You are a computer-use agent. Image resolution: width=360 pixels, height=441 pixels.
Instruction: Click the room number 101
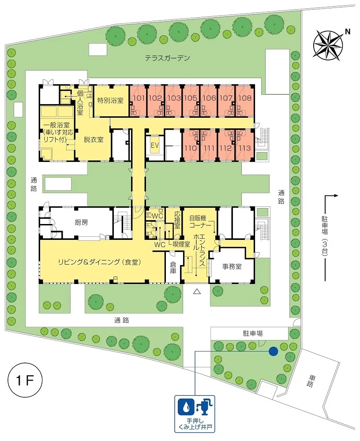(139, 98)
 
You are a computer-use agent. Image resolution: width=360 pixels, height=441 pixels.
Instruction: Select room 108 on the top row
(244, 98)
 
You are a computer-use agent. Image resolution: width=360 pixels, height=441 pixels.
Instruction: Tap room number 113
(244, 148)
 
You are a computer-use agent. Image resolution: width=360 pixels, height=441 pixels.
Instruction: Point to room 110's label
(191, 148)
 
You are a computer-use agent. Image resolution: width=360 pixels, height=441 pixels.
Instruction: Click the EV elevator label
(155, 146)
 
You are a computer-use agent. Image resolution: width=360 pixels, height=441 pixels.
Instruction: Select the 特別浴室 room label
(110, 100)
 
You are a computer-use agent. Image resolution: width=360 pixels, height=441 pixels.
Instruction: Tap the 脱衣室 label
(94, 139)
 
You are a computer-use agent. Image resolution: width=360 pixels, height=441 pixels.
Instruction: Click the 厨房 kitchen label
(81, 223)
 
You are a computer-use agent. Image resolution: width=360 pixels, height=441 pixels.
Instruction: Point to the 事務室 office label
(232, 266)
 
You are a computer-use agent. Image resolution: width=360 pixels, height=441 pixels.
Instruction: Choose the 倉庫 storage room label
(173, 268)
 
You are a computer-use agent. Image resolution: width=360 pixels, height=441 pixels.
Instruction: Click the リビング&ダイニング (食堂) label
(99, 262)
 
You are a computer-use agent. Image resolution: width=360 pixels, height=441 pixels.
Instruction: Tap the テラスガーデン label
(168, 58)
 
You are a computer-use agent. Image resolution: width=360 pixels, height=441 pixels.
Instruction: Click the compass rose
(328, 45)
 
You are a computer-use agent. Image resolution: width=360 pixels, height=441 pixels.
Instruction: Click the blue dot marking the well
(273, 351)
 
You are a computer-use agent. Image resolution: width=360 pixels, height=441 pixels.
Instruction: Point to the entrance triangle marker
(197, 292)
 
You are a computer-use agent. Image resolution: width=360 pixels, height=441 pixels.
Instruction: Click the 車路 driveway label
(311, 381)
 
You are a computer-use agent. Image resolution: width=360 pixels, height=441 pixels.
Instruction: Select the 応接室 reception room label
(177, 220)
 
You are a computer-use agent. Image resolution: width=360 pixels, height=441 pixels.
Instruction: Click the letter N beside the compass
(348, 32)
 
